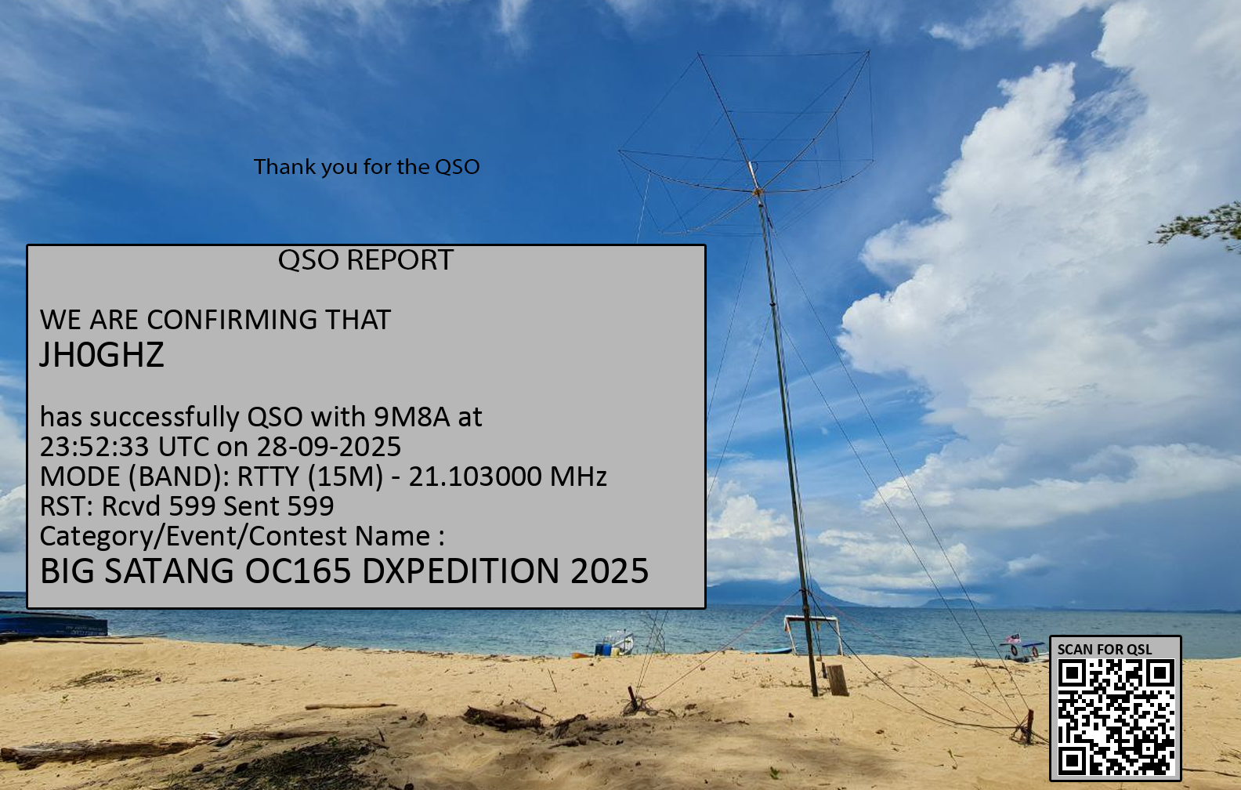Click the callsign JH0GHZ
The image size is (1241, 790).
(102, 355)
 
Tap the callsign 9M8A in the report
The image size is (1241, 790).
(411, 416)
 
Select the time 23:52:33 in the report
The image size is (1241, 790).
(95, 446)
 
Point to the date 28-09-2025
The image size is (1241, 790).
(329, 446)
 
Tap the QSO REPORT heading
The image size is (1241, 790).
(366, 259)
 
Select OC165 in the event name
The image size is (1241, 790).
(298, 571)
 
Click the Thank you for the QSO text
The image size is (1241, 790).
(366, 167)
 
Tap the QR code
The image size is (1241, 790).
(1116, 717)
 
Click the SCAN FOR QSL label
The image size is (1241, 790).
(1104, 649)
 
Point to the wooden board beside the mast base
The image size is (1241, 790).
(837, 679)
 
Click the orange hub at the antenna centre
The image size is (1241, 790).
(758, 192)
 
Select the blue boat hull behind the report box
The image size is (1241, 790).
(53, 624)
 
